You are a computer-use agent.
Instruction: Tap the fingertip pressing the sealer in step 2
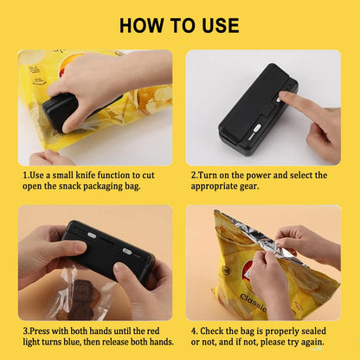286,102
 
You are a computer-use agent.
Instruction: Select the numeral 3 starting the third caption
25,331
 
